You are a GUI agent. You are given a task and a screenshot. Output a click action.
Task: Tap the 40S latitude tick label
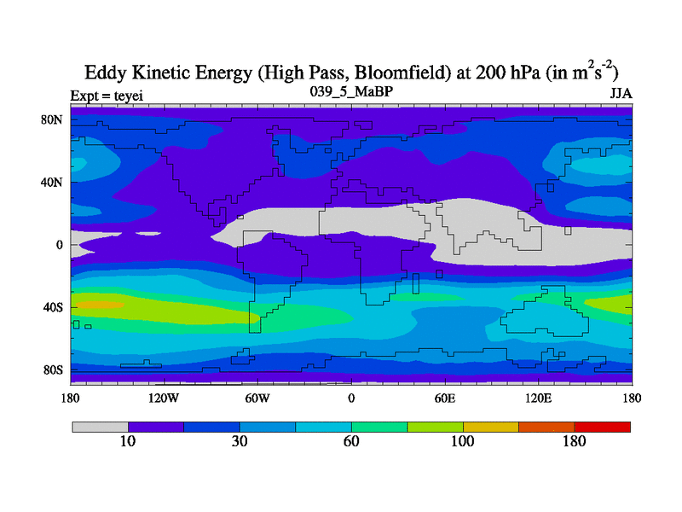tap(54, 307)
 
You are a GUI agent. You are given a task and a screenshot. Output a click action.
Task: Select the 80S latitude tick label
tap(54, 370)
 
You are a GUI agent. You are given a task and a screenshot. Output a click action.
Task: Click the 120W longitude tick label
tap(164, 398)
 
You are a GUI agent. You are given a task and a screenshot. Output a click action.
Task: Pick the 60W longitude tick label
tap(257, 398)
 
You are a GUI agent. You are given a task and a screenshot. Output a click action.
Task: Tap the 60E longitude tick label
tap(444, 398)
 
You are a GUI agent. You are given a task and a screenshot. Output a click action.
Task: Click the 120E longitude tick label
tap(538, 398)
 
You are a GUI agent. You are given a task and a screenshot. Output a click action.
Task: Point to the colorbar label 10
tap(128, 441)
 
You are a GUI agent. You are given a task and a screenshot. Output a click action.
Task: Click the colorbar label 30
tap(240, 441)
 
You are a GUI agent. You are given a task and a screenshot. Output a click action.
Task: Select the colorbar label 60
tap(351, 441)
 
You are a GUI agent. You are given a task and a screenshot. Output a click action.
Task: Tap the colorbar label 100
tap(463, 441)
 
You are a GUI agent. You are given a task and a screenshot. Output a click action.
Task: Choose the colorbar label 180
tap(575, 441)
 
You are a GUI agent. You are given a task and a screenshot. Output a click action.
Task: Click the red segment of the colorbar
tap(603, 426)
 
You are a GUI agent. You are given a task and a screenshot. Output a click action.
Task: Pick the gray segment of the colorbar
tap(100, 426)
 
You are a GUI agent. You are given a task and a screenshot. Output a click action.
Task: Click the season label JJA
tap(621, 93)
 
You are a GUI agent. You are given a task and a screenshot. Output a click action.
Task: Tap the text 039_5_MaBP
tap(351, 90)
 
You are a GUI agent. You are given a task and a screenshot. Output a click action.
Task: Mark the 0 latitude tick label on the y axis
tap(60, 245)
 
